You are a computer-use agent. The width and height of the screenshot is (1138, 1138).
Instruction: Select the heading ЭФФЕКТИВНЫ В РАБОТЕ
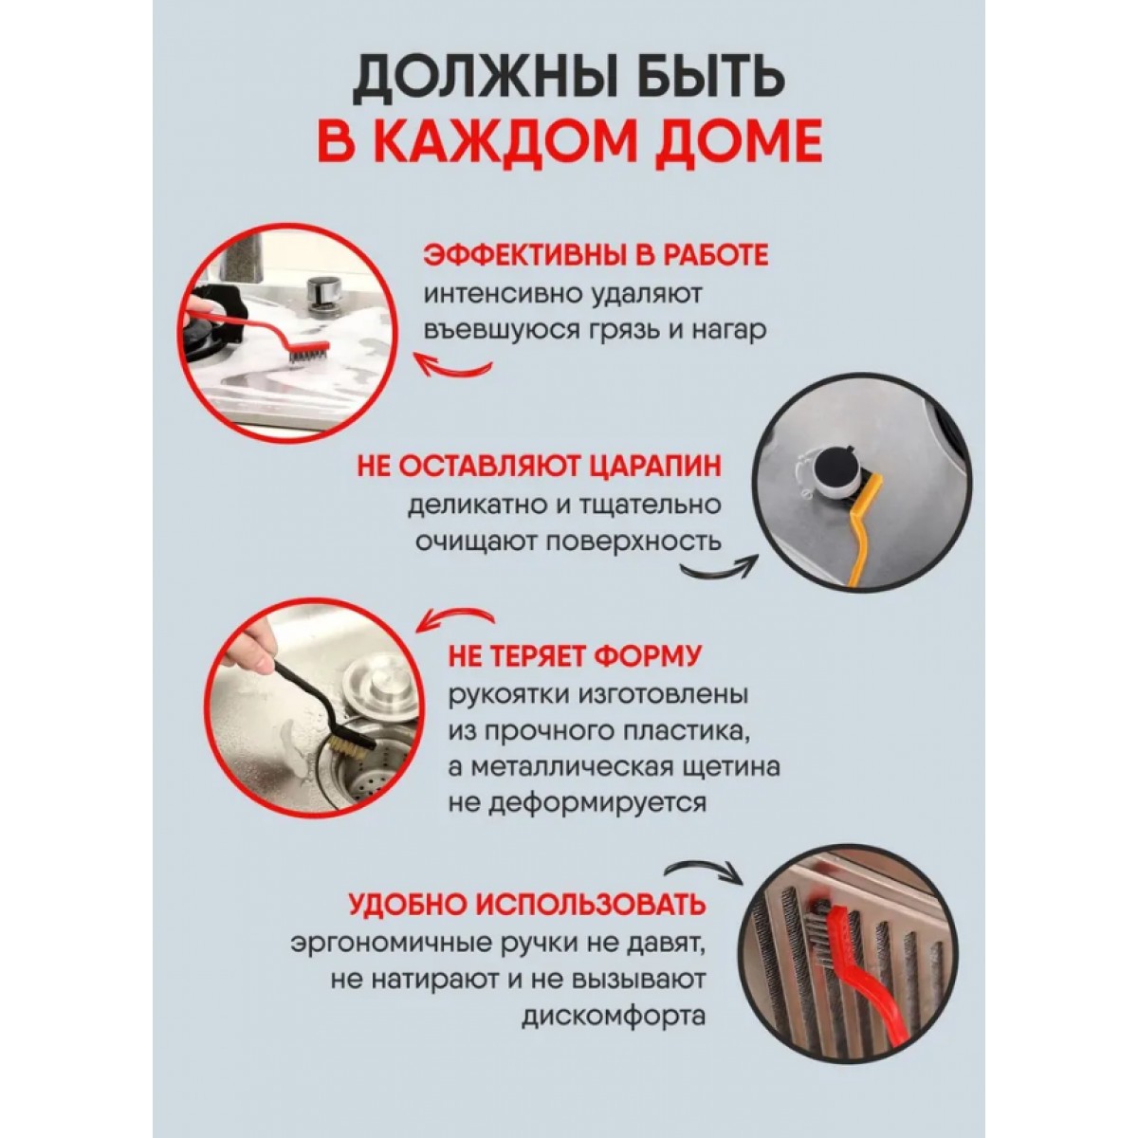point(595,257)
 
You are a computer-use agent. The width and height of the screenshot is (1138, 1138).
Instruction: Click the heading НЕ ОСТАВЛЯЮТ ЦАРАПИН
point(540,467)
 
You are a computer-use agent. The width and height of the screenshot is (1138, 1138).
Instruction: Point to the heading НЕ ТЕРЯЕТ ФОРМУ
point(577,656)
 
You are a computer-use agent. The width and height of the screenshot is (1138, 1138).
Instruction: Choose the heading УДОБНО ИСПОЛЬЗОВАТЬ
point(527,903)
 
